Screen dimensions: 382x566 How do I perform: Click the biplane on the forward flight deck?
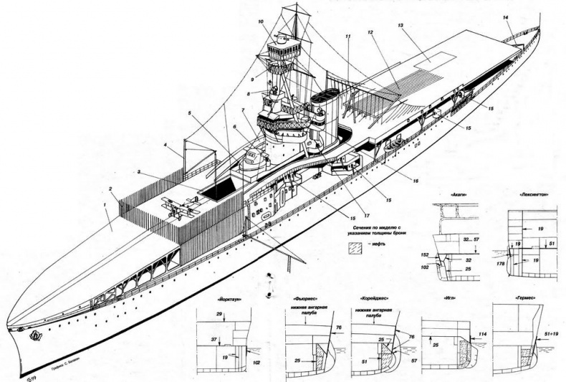pos(176,206)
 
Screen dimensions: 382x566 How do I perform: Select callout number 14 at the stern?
pos(506,16)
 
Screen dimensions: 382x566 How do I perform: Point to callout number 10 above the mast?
pos(260,22)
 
